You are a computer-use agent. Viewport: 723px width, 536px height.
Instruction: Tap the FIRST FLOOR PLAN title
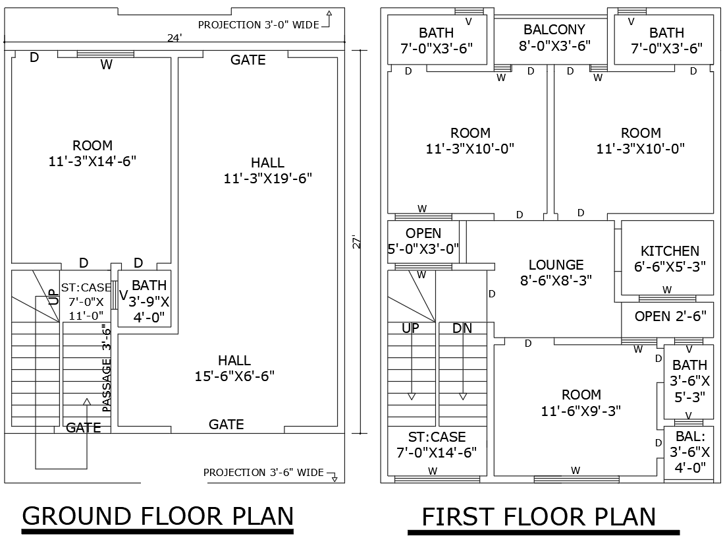click(x=539, y=517)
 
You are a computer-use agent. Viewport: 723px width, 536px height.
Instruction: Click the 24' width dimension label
click(x=174, y=38)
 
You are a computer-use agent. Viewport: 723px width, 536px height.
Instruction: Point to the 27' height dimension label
click(x=356, y=241)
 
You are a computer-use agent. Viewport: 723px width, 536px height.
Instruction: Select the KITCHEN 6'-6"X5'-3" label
click(x=669, y=258)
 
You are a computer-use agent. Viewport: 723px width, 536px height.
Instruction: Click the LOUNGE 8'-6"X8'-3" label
click(x=556, y=272)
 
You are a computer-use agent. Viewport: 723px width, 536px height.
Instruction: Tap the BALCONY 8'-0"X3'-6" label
click(x=554, y=38)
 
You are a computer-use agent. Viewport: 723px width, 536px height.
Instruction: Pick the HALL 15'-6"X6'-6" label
click(x=234, y=368)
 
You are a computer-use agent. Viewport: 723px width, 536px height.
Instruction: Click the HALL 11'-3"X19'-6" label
click(x=267, y=170)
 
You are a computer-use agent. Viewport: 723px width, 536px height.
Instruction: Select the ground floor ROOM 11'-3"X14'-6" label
click(x=92, y=153)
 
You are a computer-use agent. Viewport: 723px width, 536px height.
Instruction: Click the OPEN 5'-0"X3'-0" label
click(x=423, y=241)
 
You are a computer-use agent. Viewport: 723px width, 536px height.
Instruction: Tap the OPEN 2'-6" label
click(x=670, y=316)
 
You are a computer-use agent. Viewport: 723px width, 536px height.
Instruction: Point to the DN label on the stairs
click(x=462, y=328)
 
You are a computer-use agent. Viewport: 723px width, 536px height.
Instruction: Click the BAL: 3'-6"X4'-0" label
click(x=689, y=452)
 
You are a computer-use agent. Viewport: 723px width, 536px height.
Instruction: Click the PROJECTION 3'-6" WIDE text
click(x=263, y=473)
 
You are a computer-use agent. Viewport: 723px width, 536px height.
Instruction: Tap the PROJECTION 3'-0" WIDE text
click(x=259, y=25)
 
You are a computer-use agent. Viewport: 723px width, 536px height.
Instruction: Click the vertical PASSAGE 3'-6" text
click(x=106, y=368)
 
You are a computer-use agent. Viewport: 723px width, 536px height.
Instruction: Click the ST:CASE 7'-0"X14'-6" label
click(x=437, y=445)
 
